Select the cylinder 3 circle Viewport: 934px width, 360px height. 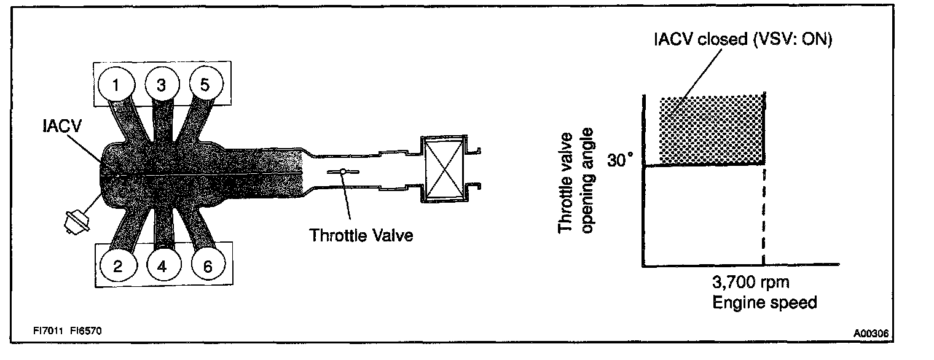tap(161, 85)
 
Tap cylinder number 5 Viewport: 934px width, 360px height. tap(205, 85)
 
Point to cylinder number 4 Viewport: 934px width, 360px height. tap(162, 267)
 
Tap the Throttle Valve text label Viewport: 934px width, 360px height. tap(361, 235)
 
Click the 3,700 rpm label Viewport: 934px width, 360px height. tap(750, 283)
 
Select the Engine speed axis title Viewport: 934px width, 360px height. tap(764, 303)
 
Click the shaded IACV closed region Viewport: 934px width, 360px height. tap(712, 130)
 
